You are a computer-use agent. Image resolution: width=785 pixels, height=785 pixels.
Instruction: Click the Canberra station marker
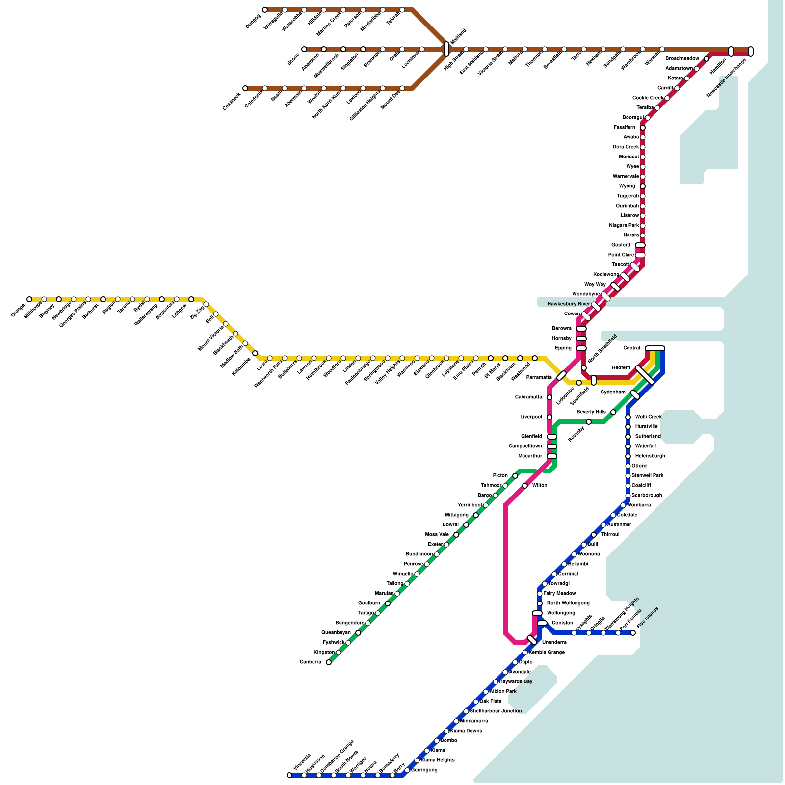(x=329, y=662)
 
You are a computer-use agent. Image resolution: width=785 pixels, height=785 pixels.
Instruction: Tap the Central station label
(x=631, y=348)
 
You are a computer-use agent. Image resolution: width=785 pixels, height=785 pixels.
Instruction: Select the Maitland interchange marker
(x=446, y=49)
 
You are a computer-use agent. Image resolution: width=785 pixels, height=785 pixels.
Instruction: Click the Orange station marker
(x=29, y=299)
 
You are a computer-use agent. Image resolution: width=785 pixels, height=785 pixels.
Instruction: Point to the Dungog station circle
(x=265, y=10)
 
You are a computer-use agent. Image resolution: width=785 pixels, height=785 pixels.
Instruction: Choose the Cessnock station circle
(x=245, y=88)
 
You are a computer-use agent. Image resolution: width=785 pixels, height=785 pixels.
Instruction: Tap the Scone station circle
(x=304, y=49)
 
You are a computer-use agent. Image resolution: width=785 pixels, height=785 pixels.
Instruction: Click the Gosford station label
(x=621, y=245)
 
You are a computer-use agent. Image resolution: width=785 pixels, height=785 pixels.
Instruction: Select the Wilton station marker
(x=525, y=486)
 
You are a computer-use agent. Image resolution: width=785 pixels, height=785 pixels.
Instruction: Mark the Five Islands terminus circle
(x=633, y=633)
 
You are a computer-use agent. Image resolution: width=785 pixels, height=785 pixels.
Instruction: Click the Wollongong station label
(x=561, y=613)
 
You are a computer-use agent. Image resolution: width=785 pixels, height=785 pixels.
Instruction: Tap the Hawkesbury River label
(x=568, y=304)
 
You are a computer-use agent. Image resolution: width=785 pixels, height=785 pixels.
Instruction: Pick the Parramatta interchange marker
(x=562, y=376)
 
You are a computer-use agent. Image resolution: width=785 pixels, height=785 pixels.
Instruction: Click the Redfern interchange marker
(x=644, y=375)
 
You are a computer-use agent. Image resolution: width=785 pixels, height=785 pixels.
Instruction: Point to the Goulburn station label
(x=369, y=603)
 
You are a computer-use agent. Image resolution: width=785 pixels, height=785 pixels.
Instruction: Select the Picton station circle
(x=515, y=476)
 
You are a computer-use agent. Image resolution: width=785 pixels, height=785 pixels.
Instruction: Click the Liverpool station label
(x=531, y=417)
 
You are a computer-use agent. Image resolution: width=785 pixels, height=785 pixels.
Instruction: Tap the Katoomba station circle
(x=255, y=353)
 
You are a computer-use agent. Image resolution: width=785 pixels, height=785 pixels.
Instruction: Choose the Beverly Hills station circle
(x=613, y=412)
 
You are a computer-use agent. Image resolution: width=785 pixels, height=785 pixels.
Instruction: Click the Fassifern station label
(x=624, y=128)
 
